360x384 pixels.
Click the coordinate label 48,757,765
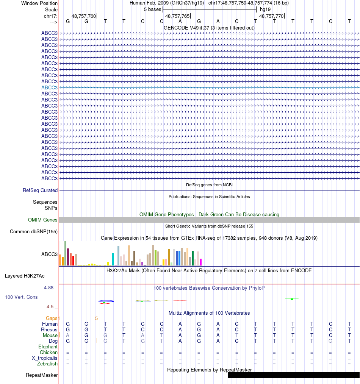177,16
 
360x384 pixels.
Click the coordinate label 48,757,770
271,16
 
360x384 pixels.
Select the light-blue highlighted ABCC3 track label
49,87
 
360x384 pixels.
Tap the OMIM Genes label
42,220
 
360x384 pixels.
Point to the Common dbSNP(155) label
34,232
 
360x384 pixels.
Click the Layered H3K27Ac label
25,276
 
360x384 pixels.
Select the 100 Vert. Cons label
21,297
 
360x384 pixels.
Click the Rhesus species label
49,330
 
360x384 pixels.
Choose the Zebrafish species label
47,364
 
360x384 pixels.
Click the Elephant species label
48,347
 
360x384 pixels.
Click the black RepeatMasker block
294,375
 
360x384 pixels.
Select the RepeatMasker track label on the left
42,375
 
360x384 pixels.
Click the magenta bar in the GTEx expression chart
201,262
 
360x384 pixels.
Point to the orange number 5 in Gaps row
96,318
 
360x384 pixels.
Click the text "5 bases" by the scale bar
152,9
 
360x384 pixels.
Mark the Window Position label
39,3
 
